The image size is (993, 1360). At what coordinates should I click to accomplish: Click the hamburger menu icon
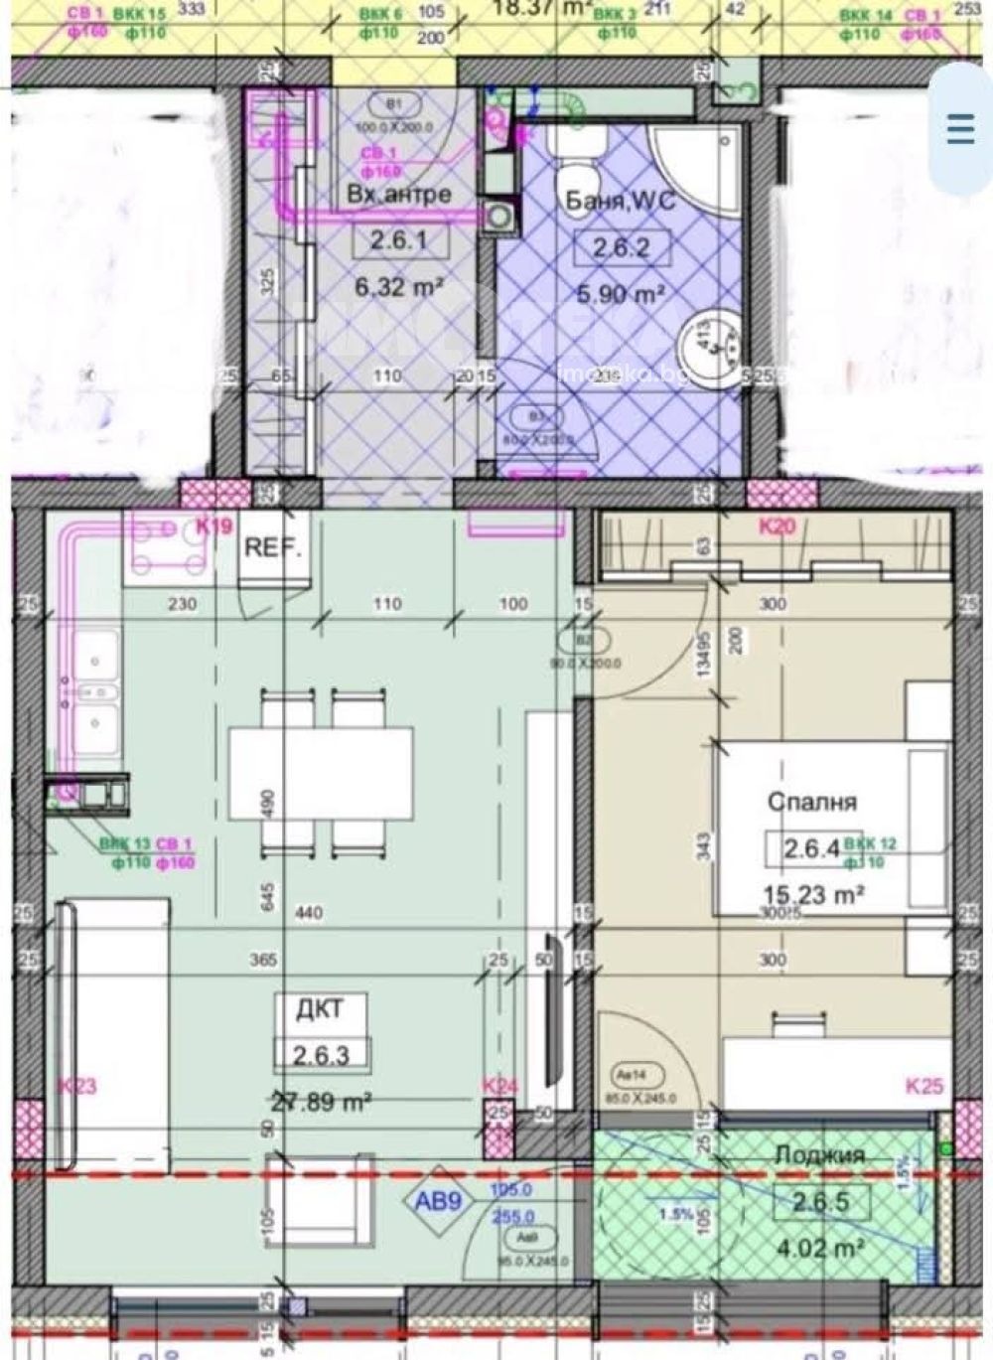[960, 129]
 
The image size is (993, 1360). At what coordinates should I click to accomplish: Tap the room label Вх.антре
[399, 193]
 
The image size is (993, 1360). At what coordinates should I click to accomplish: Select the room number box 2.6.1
[399, 241]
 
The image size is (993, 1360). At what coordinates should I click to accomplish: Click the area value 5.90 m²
[621, 294]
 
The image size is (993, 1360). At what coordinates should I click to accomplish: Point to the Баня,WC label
[621, 200]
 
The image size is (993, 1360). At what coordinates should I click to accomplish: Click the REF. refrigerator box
[273, 549]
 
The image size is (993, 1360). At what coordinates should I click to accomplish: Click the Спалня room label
[811, 802]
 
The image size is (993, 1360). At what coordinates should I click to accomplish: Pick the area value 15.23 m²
[811, 894]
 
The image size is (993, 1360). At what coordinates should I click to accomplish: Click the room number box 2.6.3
[321, 1054]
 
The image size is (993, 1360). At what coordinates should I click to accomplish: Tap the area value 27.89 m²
[321, 1101]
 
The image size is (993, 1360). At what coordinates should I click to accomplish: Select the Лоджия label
[819, 1155]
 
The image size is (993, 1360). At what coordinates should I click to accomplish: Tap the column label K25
[923, 1087]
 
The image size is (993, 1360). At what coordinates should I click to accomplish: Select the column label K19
[213, 527]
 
